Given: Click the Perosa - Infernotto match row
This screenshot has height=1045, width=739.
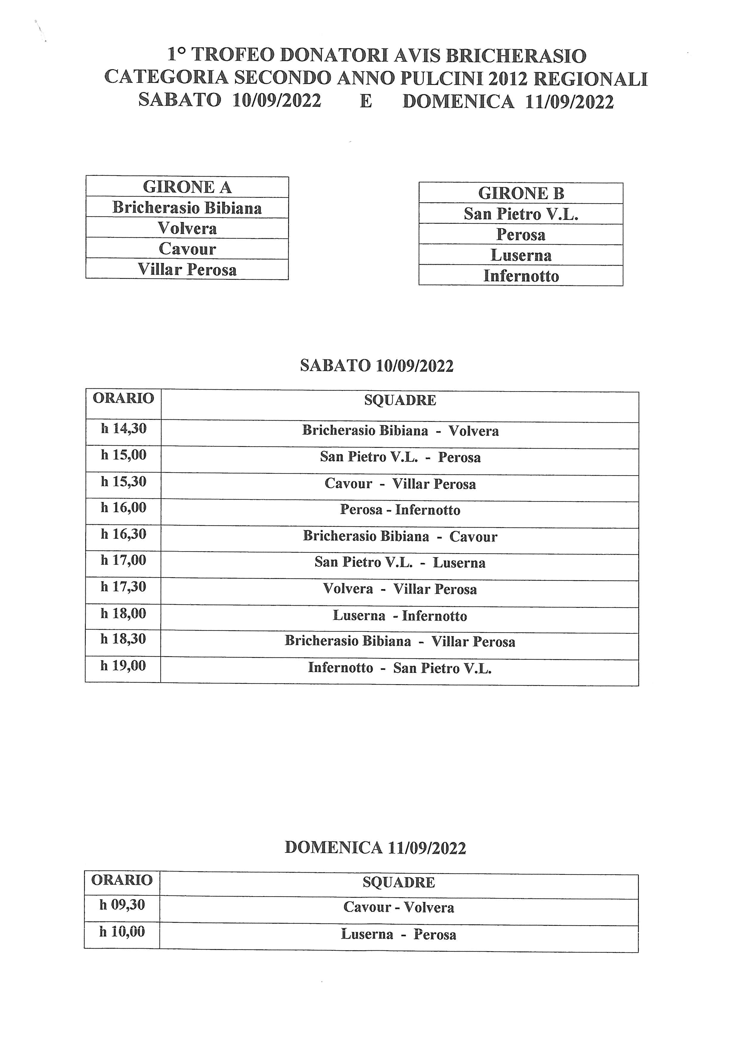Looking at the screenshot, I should (x=400, y=510).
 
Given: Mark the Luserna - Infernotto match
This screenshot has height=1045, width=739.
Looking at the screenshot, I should (x=400, y=616).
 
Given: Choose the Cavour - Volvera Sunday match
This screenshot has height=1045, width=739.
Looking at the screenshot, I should (x=399, y=907).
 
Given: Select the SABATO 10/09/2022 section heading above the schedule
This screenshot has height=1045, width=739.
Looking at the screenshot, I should (x=377, y=366).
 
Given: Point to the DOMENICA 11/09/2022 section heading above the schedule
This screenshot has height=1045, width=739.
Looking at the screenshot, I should (x=375, y=847).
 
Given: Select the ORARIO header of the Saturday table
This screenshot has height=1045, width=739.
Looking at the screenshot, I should (x=123, y=398).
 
